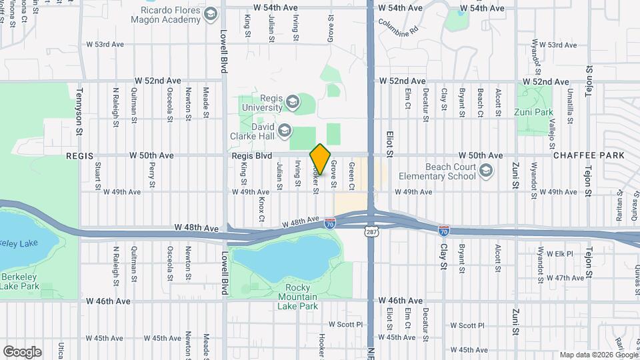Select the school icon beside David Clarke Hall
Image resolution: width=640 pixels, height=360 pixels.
284,130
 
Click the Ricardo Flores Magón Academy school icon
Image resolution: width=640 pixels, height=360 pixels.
211,14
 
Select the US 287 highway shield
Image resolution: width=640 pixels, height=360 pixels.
371,231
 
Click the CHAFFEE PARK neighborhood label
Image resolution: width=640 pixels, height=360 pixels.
589,155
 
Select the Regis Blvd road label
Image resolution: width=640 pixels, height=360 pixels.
252,155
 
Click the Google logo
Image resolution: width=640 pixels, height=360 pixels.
22,351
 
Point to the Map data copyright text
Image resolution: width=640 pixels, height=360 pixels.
597,354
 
